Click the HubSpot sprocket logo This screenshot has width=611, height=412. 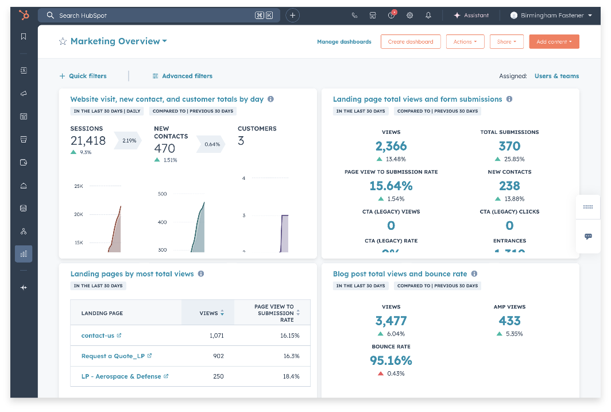coord(24,15)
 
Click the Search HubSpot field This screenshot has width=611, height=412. coord(155,16)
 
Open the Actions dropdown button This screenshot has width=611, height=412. coord(465,42)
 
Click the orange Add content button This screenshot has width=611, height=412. coord(554,42)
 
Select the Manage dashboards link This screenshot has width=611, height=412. coord(344,42)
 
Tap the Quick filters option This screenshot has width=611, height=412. coord(83,76)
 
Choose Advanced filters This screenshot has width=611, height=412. coord(182,76)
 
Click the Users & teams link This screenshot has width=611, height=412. coord(556,76)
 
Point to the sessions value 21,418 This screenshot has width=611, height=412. coord(88,141)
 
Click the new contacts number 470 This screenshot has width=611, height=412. coord(164,148)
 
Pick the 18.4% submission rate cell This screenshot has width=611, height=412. coord(290,376)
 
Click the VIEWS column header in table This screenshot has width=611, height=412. coord(208,313)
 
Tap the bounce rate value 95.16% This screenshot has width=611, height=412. coord(390,361)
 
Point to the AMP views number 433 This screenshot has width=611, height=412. coord(509,321)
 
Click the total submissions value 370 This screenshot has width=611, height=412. coord(509,146)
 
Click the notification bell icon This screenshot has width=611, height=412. coord(428,16)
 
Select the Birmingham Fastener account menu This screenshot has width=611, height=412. coord(551,16)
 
